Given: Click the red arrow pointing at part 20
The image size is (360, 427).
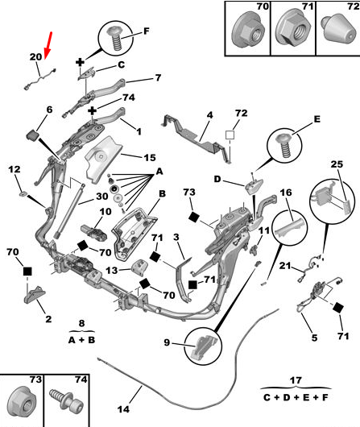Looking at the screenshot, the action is pyautogui.click(x=48, y=45).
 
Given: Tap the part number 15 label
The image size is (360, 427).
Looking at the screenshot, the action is pyautogui.click(x=150, y=158).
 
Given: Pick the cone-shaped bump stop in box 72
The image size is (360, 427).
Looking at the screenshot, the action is pyautogui.click(x=338, y=30).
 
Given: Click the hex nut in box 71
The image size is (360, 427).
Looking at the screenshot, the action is pyautogui.click(x=292, y=31).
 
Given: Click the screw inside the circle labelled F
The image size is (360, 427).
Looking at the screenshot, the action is pyautogui.click(x=115, y=38).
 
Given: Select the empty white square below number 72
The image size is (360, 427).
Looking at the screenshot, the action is pyautogui.click(x=230, y=135).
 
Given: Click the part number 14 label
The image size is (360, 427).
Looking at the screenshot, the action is pyautogui.click(x=123, y=408).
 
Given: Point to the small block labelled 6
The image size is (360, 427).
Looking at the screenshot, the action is pyautogui.click(x=33, y=135).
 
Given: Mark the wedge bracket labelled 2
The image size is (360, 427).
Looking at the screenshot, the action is pyautogui.click(x=35, y=294).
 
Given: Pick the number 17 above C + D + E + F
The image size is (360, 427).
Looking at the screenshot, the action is pyautogui.click(x=296, y=380).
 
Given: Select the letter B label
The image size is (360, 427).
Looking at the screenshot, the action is pyautogui.click(x=162, y=193).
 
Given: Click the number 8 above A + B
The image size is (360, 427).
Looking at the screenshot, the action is pyautogui.click(x=81, y=323).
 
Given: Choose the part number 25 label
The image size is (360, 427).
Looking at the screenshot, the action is pyautogui.click(x=337, y=164).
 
